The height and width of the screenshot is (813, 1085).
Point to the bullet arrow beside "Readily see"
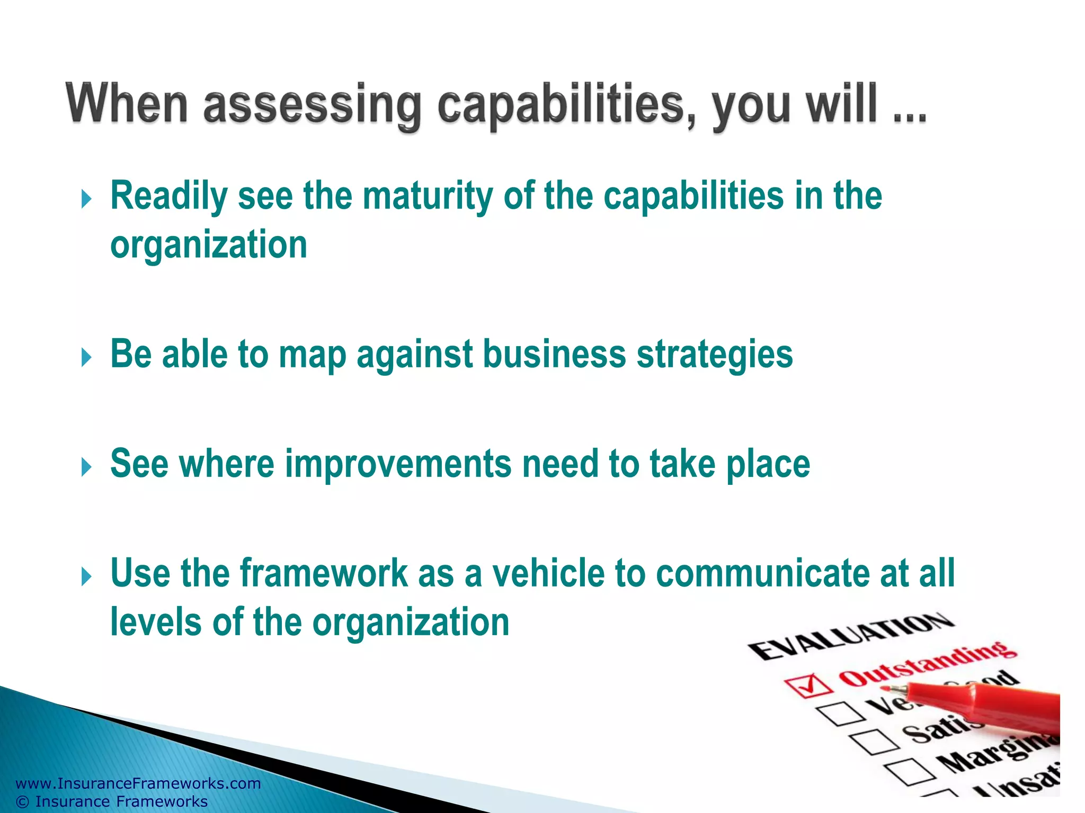tap(86, 200)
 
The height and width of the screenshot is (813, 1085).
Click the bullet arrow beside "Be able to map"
tap(86, 358)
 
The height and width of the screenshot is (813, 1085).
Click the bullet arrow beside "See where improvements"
tap(86, 467)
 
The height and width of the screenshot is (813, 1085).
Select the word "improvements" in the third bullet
tap(398, 464)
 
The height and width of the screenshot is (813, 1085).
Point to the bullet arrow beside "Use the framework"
tap(86, 576)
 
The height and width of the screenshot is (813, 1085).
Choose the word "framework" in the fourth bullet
tap(324, 573)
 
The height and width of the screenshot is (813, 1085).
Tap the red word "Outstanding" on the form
tap(927, 664)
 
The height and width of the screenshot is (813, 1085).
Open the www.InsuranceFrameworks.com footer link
tap(138, 783)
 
